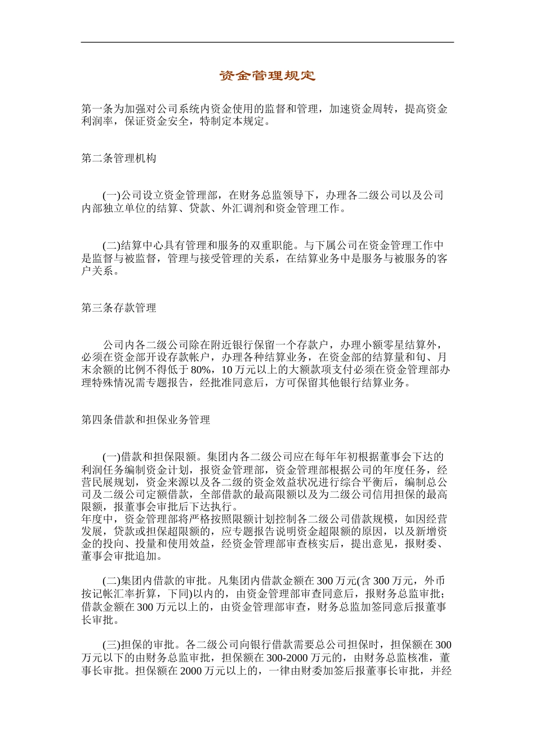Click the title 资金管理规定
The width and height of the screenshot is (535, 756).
pos(267,76)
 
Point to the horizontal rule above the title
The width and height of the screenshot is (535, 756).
pos(267,42)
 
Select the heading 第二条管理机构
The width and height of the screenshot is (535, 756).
pos(119,159)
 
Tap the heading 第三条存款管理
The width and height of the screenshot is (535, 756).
pos(119,308)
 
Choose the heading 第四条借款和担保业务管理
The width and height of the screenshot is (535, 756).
pos(146,420)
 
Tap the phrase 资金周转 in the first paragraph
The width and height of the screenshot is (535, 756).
pos(373,109)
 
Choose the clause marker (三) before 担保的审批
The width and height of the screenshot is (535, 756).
pos(112,645)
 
